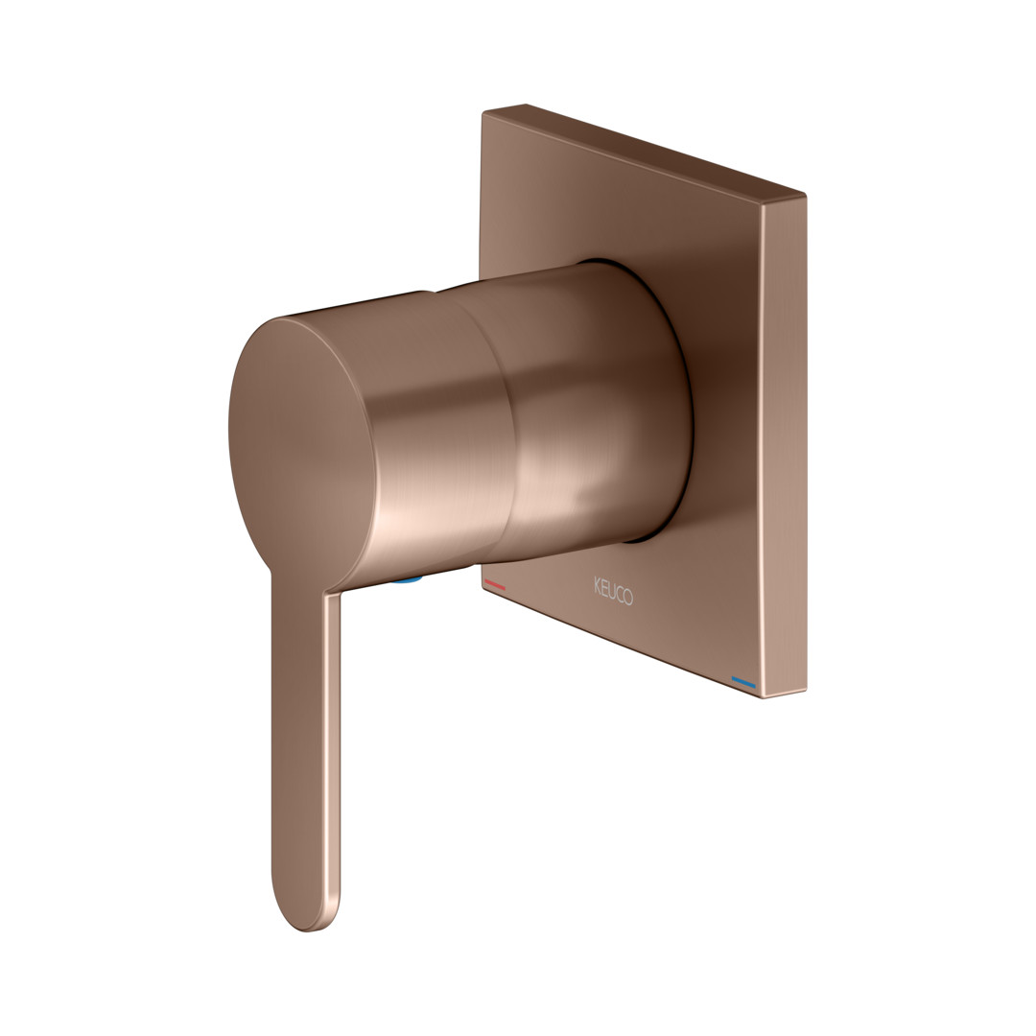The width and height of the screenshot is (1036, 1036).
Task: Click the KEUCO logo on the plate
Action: pos(613,591)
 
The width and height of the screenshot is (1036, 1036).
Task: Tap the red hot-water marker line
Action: pos(495,585)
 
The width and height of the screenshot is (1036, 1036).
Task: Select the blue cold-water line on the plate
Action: pos(743,682)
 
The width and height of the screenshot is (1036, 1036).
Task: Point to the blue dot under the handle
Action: pos(407,579)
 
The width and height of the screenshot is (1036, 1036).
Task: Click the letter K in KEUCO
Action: pos(598,584)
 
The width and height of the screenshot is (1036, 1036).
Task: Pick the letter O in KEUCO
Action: pos(627,598)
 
